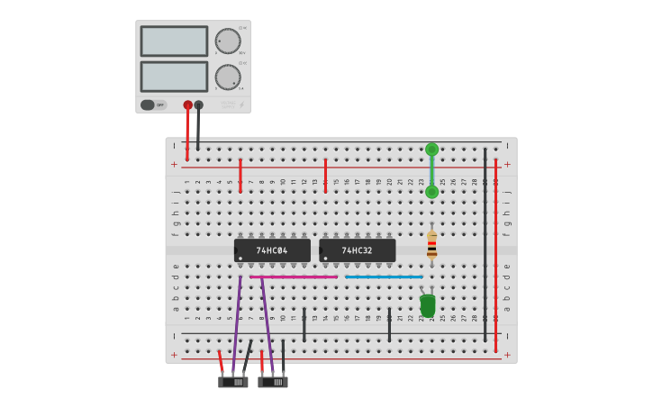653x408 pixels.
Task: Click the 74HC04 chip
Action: (272, 250)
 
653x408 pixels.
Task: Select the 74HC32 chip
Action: (357, 250)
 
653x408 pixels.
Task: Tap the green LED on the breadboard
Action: (428, 305)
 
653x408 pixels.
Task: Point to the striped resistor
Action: (431, 244)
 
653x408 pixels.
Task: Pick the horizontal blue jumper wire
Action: (384, 277)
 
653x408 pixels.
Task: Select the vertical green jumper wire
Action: (431, 170)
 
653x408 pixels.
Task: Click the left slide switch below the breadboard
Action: (233, 382)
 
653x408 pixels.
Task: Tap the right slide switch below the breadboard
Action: (273, 382)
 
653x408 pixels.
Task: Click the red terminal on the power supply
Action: (187, 105)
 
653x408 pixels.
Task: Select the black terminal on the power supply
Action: (198, 105)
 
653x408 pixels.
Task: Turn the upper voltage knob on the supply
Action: (228, 41)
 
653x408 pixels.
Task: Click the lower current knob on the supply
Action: (228, 77)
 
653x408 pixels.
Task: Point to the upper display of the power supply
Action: (174, 41)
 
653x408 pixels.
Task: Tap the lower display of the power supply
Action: (174, 77)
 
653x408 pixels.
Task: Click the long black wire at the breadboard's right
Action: (485, 243)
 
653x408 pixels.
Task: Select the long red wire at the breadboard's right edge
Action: (495, 252)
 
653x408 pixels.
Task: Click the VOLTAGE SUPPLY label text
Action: (229, 104)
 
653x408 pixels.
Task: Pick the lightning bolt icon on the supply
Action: (242, 104)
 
